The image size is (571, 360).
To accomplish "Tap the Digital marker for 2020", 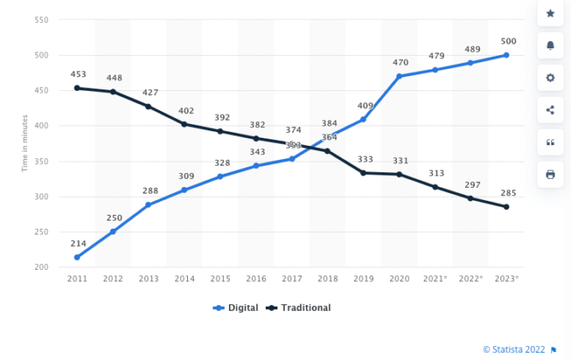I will pyautogui.click(x=400, y=76).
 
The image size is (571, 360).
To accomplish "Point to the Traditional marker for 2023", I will pyautogui.click(x=506, y=207).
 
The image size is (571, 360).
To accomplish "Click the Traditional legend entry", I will pyautogui.click(x=300, y=308).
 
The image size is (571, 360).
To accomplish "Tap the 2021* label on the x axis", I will pyautogui.click(x=436, y=279).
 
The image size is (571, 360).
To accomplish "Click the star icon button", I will pyautogui.click(x=550, y=14).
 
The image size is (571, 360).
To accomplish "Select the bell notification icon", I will pyautogui.click(x=550, y=46).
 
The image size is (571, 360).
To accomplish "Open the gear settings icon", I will pyautogui.click(x=550, y=78).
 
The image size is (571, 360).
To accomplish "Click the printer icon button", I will pyautogui.click(x=550, y=174).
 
